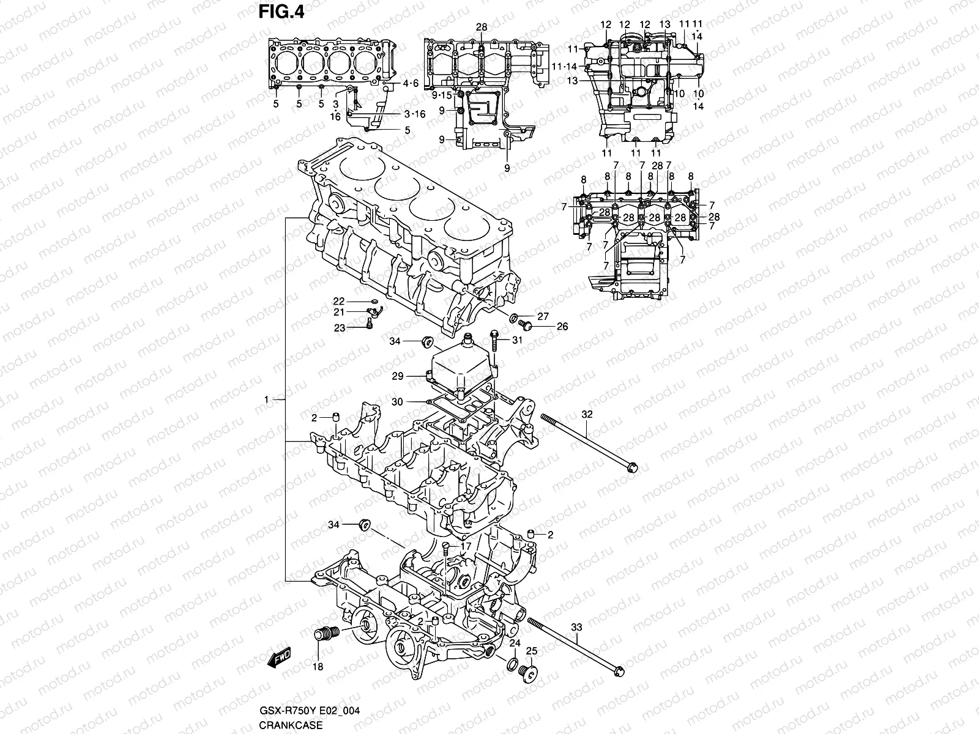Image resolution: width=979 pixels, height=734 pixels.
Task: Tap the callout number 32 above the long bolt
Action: (x=587, y=414)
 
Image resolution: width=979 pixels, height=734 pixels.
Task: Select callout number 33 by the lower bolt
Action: (x=576, y=627)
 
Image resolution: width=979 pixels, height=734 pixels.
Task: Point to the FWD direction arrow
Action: (x=279, y=656)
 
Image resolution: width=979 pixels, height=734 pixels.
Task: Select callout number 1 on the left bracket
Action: (x=267, y=400)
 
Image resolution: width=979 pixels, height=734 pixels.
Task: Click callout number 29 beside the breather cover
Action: (x=398, y=377)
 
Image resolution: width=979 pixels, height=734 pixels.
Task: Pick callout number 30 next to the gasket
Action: (x=398, y=402)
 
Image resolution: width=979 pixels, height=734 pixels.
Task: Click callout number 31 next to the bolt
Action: (x=518, y=341)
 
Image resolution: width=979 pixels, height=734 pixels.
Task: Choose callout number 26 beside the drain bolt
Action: (x=562, y=327)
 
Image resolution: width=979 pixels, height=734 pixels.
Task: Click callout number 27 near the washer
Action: (x=543, y=316)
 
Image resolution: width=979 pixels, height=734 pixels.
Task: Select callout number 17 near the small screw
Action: (x=466, y=546)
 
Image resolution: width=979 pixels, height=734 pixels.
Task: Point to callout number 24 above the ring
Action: (x=515, y=643)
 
